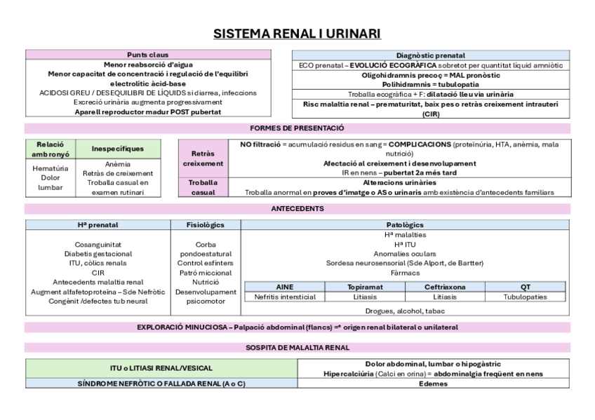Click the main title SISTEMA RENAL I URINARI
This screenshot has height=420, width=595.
(x=297, y=34)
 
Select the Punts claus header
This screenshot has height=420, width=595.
(x=148, y=55)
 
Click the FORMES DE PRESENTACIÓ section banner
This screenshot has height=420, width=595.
(x=297, y=128)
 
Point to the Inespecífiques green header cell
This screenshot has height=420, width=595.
(x=118, y=149)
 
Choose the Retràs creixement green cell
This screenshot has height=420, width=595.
(x=203, y=158)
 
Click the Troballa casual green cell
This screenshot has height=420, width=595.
(x=203, y=187)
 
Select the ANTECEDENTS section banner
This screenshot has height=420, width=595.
(x=297, y=209)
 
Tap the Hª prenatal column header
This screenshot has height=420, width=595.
(x=98, y=225)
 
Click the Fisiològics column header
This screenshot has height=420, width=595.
(x=206, y=225)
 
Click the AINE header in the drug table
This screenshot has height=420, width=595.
(x=285, y=287)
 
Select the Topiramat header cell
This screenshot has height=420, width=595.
(x=365, y=287)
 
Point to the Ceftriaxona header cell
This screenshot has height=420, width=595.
(x=445, y=287)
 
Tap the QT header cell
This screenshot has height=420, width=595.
(x=526, y=287)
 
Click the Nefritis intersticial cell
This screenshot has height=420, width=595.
(x=285, y=297)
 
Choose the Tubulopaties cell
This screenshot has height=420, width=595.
(x=526, y=297)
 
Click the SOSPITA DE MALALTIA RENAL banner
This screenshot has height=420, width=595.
(x=297, y=347)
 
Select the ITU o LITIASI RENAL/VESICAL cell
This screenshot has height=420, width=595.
(x=161, y=368)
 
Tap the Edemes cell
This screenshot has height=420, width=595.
(x=433, y=384)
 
